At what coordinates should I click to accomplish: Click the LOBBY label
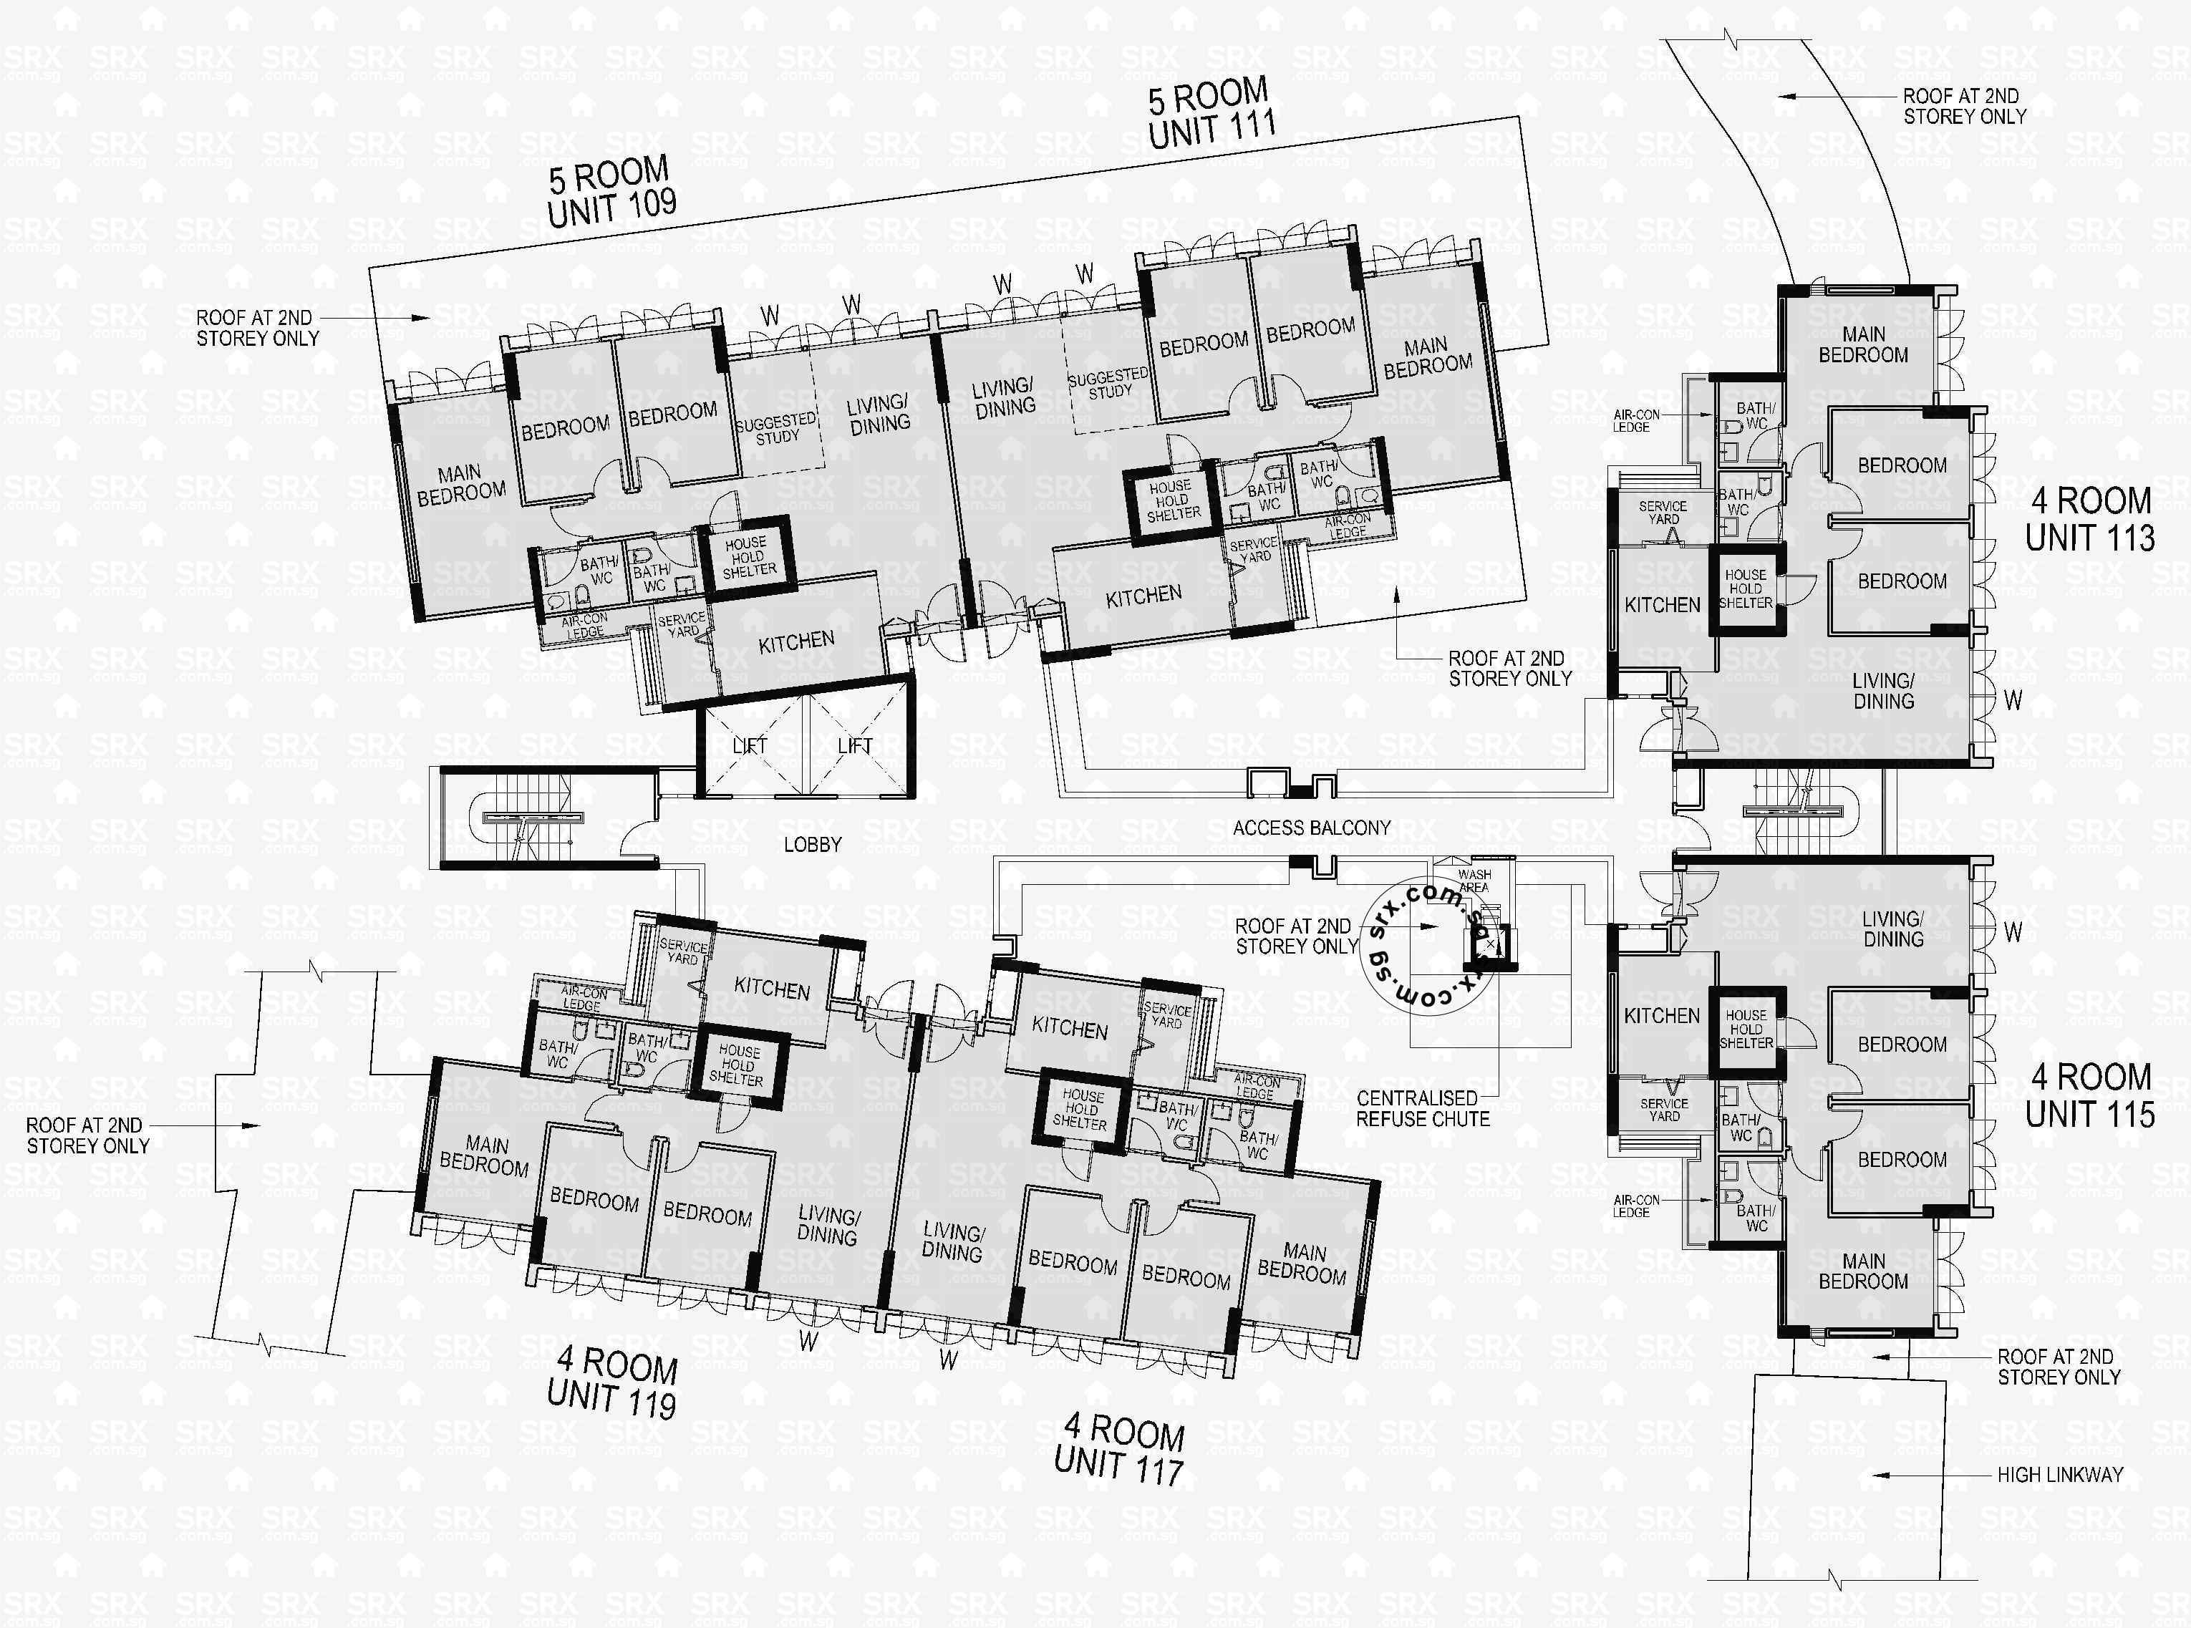pos(812,845)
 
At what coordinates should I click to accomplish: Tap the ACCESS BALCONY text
pos(1311,828)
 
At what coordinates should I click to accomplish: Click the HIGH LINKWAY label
pos(2059,1476)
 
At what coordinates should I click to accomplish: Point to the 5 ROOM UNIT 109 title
pos(611,193)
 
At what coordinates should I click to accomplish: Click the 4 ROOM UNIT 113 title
pos(2089,519)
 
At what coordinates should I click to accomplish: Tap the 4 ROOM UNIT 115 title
pos(2089,1095)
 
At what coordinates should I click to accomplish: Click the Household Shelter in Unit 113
pos(1746,588)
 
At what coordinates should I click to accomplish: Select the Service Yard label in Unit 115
pos(1664,1110)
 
